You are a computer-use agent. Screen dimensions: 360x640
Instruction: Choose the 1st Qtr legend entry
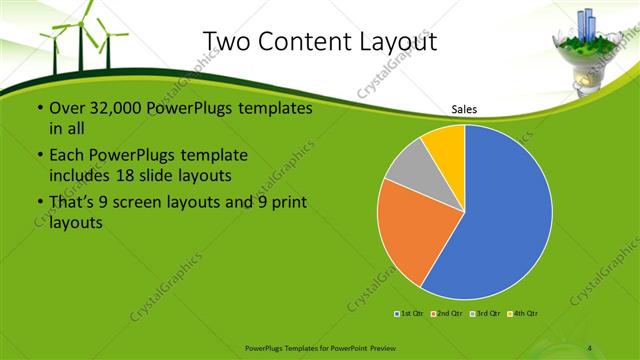[411, 314]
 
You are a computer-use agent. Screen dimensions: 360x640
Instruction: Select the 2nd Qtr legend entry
[447, 314]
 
